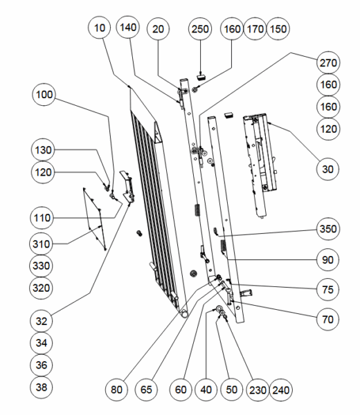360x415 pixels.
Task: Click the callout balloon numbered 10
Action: click(100, 28)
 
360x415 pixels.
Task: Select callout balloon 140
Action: click(128, 27)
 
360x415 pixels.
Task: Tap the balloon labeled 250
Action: click(200, 29)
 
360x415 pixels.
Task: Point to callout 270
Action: click(328, 63)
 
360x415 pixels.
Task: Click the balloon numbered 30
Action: click(327, 169)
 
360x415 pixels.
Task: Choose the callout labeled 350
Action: click(327, 229)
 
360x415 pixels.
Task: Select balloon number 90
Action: click(327, 259)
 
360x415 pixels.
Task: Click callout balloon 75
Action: click(327, 289)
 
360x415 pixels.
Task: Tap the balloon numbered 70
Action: click(327, 320)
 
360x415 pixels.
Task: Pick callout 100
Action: click(44, 95)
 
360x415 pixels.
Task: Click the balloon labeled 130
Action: click(43, 150)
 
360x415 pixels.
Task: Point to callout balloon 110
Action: click(42, 218)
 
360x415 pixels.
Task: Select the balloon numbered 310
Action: click(41, 243)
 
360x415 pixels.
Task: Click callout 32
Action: click(42, 321)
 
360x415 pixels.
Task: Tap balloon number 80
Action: click(116, 389)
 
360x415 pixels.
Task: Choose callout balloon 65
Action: click(146, 389)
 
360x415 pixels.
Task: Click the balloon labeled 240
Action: click(281, 390)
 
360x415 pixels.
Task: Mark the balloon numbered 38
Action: click(42, 387)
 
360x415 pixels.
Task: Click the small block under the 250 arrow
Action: click(201, 77)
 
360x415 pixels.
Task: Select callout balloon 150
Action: click(278, 29)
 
